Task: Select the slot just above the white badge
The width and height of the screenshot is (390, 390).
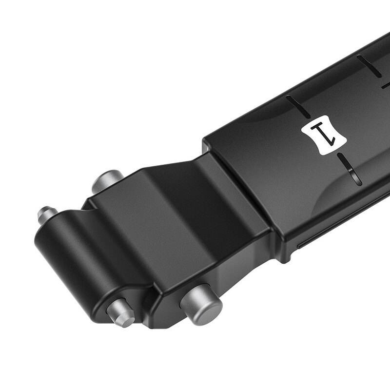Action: (x=298, y=106)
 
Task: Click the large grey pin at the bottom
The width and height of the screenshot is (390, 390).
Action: (x=201, y=303)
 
